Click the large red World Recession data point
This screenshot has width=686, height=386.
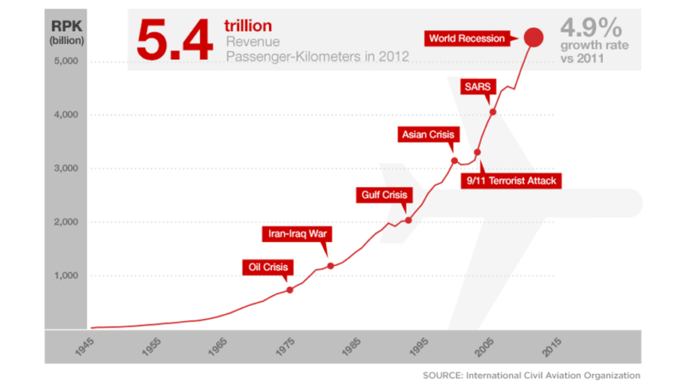coord(533,38)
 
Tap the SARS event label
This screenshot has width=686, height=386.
coord(478,87)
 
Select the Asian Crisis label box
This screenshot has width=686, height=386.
coord(430,135)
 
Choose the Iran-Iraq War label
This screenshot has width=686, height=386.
coord(296,233)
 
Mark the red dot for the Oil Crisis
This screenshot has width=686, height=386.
coord(290,290)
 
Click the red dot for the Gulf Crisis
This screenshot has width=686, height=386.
coord(408,220)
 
